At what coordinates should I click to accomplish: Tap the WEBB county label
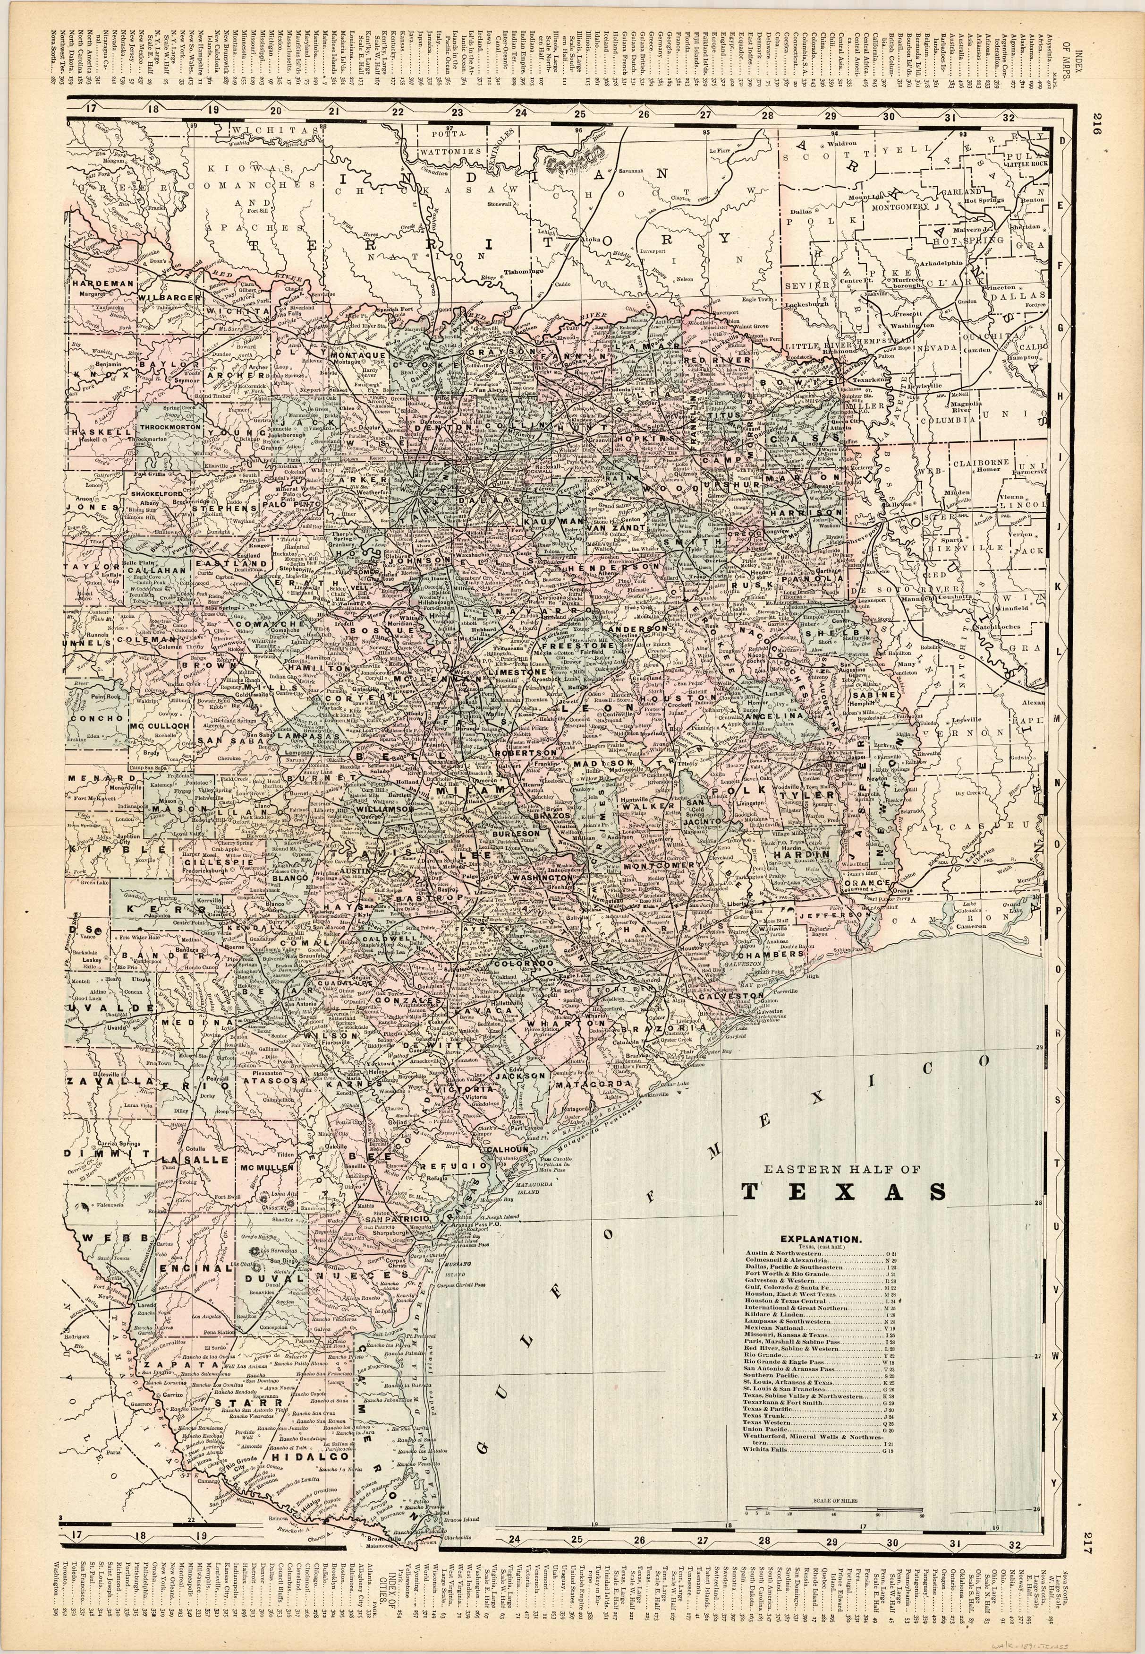115,1238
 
